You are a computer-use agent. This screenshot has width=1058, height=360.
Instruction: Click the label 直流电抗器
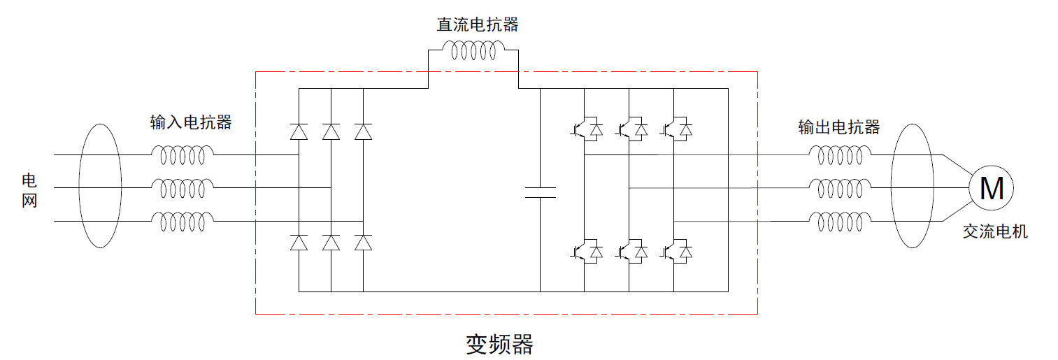[478, 25]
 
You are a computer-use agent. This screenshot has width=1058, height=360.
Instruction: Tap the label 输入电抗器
[191, 122]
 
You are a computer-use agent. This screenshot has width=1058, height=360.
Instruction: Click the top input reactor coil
[183, 155]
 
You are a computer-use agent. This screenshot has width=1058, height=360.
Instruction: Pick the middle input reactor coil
[183, 188]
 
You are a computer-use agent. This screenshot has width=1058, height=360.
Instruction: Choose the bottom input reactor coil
[183, 222]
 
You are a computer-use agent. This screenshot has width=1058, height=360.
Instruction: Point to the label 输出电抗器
[839, 127]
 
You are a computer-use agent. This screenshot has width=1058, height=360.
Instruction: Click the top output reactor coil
[841, 155]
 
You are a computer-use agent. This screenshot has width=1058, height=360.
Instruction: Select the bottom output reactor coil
[841, 222]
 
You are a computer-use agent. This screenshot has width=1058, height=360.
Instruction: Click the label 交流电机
[995, 232]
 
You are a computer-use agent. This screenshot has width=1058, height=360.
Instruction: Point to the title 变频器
[499, 344]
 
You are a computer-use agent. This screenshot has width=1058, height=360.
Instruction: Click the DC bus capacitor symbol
[540, 193]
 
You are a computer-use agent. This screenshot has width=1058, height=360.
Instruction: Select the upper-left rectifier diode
[299, 131]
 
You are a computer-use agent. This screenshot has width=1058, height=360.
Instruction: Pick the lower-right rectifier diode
[363, 243]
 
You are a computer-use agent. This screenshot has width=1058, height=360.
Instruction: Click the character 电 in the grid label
[29, 181]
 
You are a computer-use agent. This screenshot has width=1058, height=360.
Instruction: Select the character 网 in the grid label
[29, 201]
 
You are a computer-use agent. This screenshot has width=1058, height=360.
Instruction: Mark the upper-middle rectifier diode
[331, 131]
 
